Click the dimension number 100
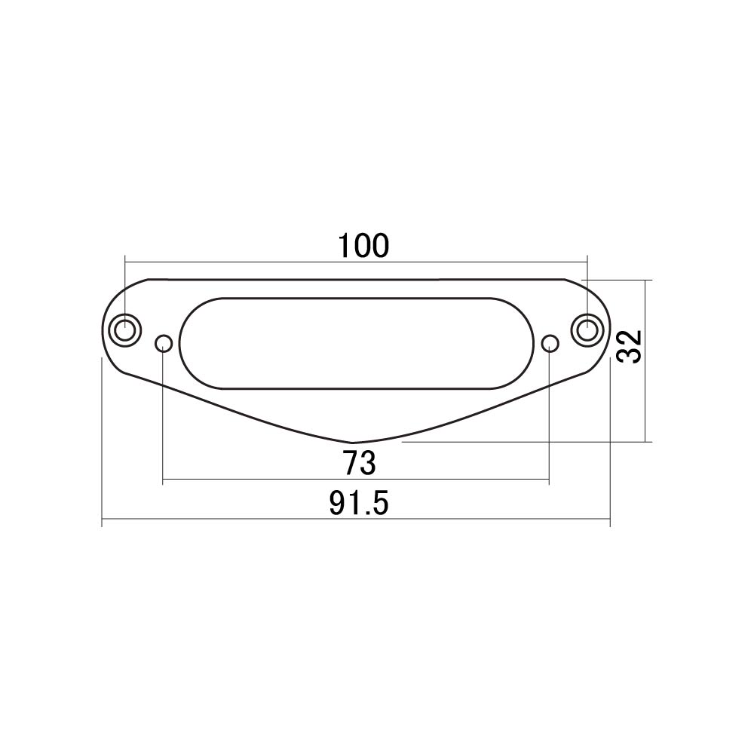coord(363,246)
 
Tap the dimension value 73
coord(359,463)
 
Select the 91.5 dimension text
coord(359,504)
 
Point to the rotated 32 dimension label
coord(630,346)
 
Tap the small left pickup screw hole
coord(164,343)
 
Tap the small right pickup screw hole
coord(550,343)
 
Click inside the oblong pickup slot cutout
coord(357,343)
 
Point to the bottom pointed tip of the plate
coord(352,443)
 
